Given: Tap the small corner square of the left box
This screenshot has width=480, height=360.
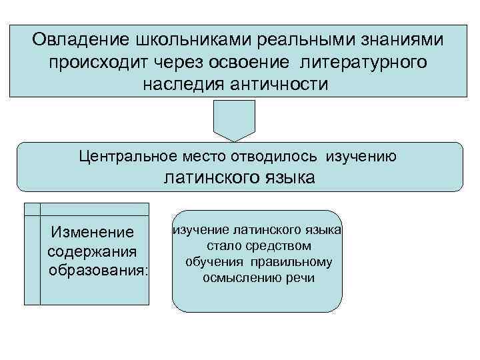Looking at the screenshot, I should pos(31,209).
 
